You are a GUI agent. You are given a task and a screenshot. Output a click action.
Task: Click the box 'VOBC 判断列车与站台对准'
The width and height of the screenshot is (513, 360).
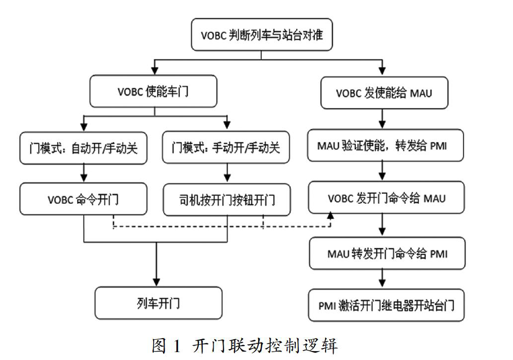coord(262,35)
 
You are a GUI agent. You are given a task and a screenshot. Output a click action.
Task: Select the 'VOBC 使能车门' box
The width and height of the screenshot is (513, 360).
coord(153,91)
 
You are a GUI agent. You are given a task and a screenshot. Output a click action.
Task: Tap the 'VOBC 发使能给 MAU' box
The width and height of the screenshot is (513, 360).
coord(384,93)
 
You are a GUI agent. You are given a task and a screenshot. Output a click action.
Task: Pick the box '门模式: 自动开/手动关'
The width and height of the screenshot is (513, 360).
coord(83,148)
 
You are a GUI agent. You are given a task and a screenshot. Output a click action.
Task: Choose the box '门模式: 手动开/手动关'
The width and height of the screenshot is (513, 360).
coord(226,147)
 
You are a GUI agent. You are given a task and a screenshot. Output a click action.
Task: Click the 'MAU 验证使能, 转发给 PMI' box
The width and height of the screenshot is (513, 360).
coord(386,145)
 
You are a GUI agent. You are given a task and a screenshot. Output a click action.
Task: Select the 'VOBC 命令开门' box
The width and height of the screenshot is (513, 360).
coord(83,199)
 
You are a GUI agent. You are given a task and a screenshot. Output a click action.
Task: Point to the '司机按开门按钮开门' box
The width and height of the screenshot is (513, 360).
coord(227,200)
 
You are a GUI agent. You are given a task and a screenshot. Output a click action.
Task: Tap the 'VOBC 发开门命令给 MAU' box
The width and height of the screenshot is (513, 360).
coord(387,198)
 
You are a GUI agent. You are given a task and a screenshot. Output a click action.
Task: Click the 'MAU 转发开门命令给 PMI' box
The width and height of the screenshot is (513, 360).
coord(388,254)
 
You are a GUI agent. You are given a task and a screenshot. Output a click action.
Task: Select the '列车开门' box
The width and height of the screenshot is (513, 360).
coord(159,303)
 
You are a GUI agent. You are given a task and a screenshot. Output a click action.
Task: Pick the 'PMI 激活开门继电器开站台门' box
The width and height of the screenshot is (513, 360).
coord(387,305)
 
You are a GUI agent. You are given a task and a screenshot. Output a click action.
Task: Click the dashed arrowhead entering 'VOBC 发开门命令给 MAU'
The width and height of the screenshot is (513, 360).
coord(331,216)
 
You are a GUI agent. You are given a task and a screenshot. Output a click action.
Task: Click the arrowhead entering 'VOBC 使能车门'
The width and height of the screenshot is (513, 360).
coord(155,71)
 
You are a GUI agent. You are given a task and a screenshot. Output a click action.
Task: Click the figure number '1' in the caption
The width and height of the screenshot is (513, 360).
coord(177,346)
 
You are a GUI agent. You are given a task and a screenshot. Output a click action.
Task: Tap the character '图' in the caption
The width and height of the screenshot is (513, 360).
coord(159,346)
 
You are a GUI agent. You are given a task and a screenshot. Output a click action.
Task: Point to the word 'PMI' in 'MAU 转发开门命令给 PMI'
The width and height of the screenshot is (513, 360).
coord(439,254)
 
